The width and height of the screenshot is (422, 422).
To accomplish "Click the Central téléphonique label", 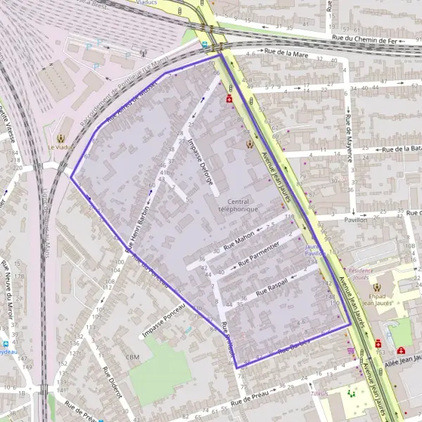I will pyautogui.click(x=238, y=205).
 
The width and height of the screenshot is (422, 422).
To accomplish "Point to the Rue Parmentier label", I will pyautogui.click(x=259, y=254).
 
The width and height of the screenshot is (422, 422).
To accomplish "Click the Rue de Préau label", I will pyautogui.click(x=250, y=399).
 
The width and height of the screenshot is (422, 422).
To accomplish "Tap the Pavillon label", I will pyautogui.click(x=356, y=219).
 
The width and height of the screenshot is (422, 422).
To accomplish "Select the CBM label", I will pyautogui.click(x=132, y=357).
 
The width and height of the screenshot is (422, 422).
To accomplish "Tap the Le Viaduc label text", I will pyautogui.click(x=60, y=148).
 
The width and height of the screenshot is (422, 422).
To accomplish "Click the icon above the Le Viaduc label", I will pyautogui.click(x=60, y=138).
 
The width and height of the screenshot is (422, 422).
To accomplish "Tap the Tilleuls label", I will pyautogui.click(x=320, y=394).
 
